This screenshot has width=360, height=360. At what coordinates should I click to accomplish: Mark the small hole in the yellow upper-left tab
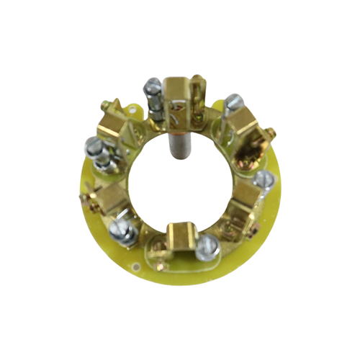[132, 109]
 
